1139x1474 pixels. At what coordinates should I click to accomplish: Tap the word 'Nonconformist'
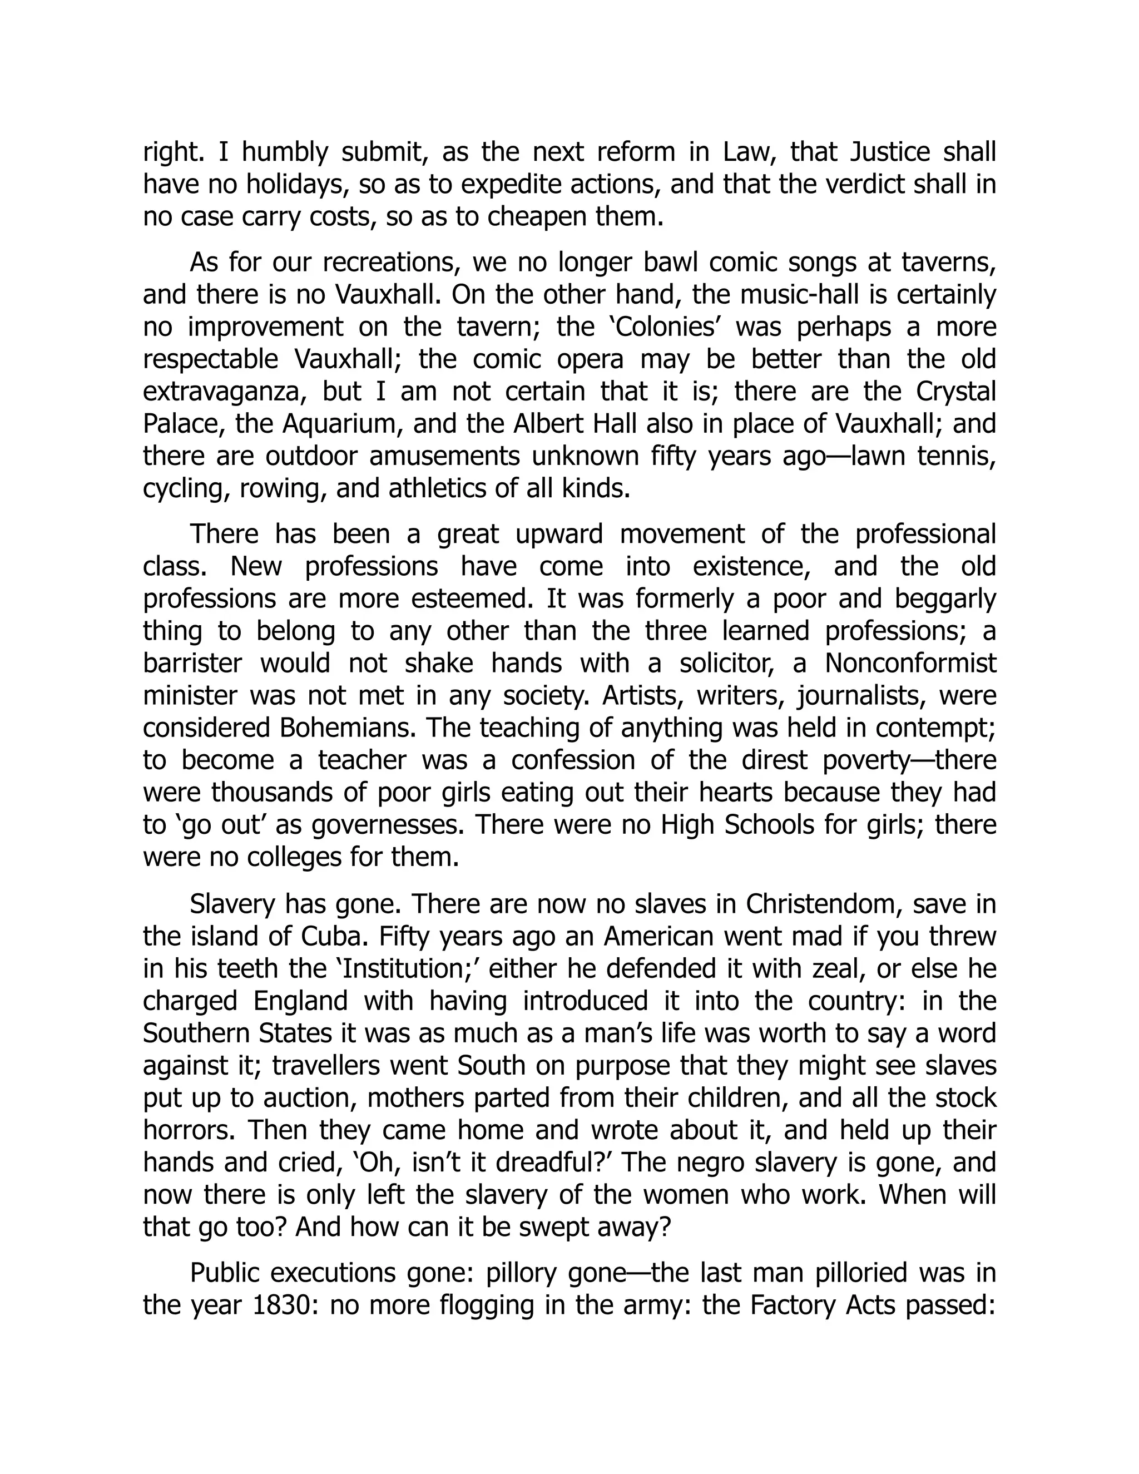coord(910,664)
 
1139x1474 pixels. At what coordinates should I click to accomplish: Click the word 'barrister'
coord(192,664)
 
